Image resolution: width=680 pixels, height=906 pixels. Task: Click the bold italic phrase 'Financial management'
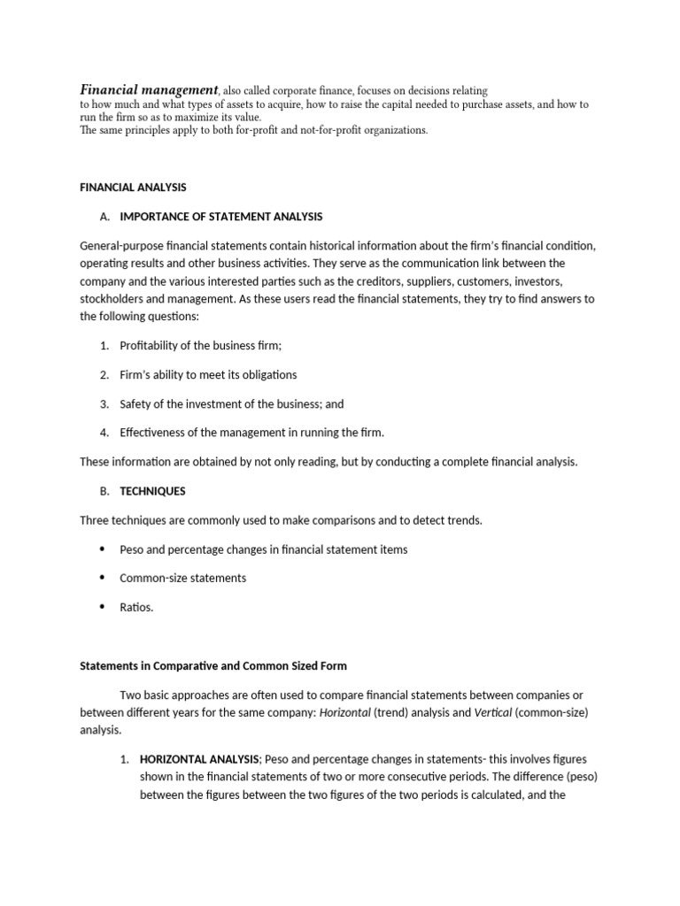click(149, 89)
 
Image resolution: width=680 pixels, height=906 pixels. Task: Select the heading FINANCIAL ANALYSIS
click(133, 188)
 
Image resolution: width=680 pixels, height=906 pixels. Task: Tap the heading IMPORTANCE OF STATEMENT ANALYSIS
click(220, 216)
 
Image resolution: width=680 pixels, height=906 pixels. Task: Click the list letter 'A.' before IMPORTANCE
click(105, 216)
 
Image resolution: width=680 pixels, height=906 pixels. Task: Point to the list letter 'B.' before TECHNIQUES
click(105, 491)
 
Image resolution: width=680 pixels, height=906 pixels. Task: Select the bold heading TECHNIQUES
click(152, 491)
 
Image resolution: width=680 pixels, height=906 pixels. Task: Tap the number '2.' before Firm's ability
click(104, 374)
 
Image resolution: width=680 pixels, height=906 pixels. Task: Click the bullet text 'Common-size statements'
click(182, 578)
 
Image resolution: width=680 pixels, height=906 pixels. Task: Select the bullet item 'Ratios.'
click(136, 607)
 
